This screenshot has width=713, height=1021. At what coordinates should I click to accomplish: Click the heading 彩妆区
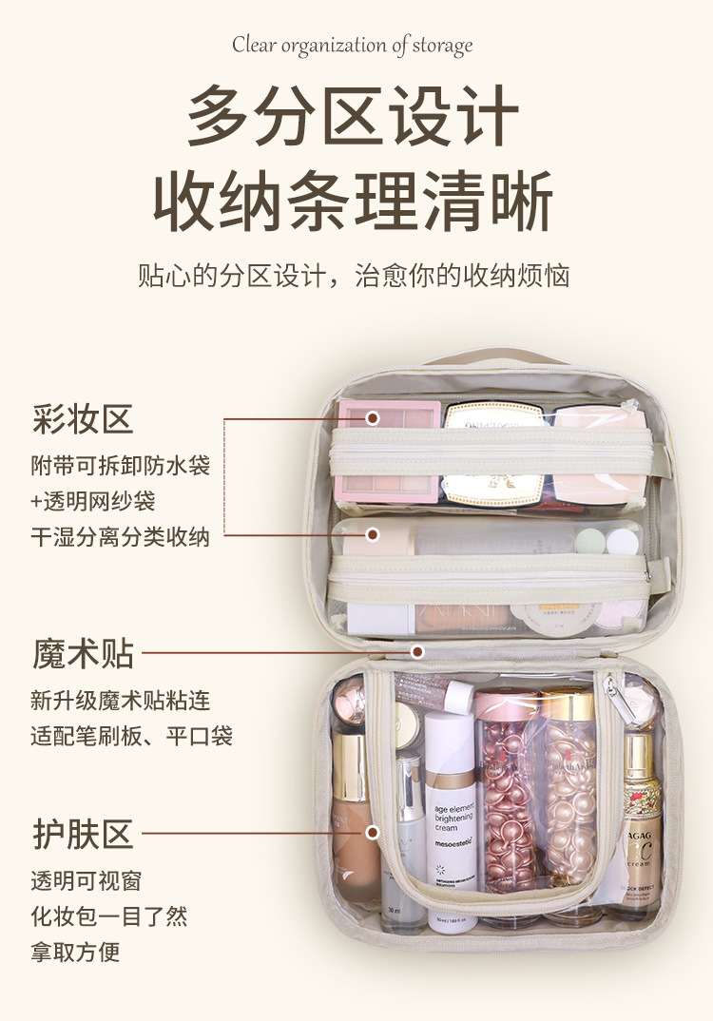point(83,418)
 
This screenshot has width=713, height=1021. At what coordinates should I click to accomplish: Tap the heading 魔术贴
point(83,654)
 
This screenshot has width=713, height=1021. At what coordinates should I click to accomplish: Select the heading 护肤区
point(83,835)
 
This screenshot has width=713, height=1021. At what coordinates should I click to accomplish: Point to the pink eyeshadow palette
point(388,452)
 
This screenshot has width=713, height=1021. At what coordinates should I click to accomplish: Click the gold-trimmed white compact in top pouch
point(495,453)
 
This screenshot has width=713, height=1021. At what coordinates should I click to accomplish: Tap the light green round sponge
point(590,541)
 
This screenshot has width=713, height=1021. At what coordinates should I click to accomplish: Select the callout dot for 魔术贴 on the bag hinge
point(416,652)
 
